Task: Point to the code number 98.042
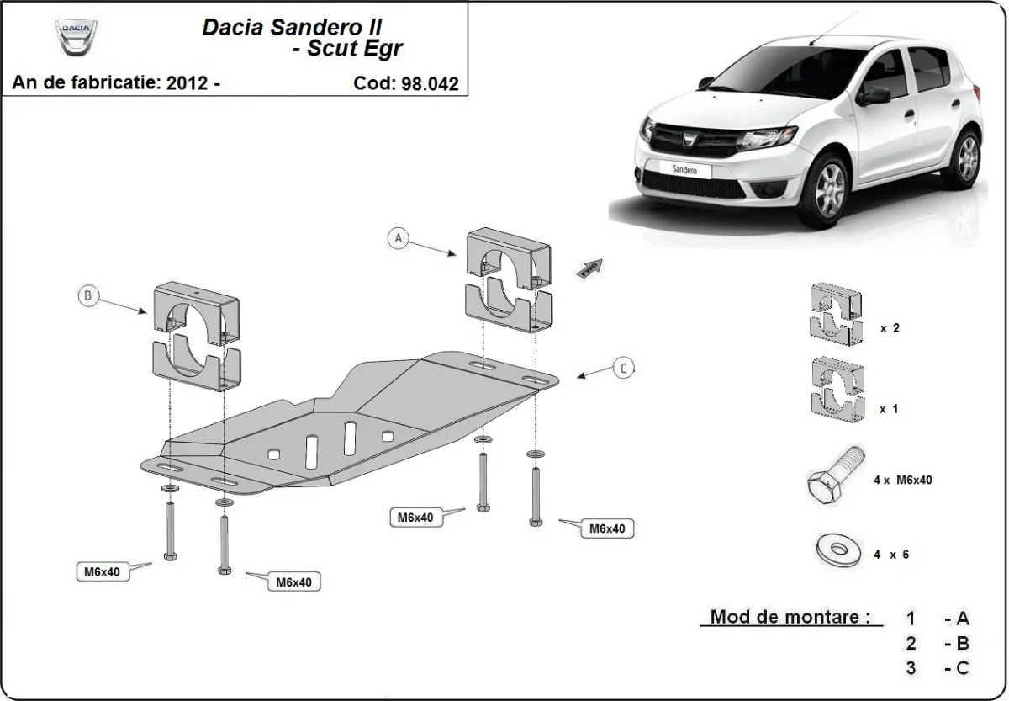coord(432,83)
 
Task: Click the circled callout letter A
coord(399,238)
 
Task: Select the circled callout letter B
coord(89,295)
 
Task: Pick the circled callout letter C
coord(622,368)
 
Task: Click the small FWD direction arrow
coord(589,268)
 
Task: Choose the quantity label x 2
coord(890,328)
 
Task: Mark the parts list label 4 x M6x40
coord(902,480)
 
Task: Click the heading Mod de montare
coord(790,616)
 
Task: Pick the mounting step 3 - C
coord(938,668)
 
